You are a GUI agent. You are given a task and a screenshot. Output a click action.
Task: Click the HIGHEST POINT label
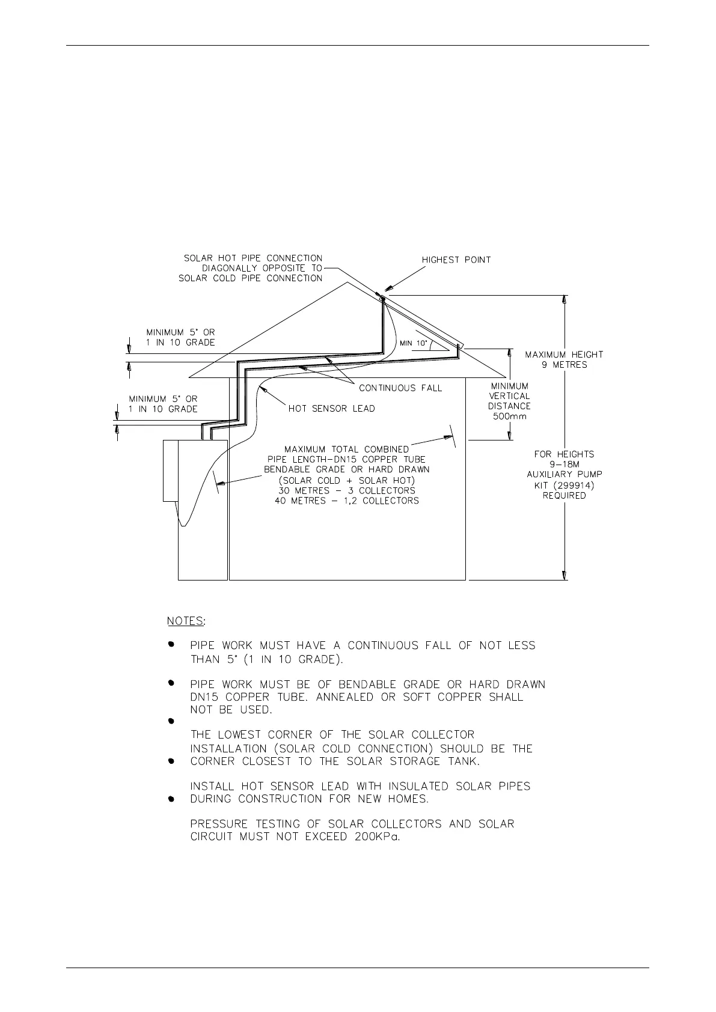coord(456,260)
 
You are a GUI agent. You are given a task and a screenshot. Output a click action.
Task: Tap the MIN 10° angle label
coord(413,344)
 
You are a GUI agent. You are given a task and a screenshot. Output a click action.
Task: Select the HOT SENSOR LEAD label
coord(331,409)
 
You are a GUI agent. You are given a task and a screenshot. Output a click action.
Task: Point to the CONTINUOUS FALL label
coord(400,388)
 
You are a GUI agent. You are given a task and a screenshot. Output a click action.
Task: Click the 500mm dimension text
coord(509,416)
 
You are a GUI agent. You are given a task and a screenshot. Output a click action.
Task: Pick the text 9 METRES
coord(564,365)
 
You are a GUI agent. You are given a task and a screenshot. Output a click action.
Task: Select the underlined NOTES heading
coord(185,621)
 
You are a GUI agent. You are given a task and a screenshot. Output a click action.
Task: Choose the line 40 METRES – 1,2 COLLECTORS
coord(347,501)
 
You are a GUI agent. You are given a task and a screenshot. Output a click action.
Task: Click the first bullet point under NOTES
coord(171,644)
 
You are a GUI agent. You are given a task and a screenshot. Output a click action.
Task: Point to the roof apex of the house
coord(347,282)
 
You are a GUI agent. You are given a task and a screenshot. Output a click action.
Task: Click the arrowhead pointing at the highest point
coord(387,291)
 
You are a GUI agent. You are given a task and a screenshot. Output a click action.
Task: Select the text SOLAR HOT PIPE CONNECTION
coord(253,258)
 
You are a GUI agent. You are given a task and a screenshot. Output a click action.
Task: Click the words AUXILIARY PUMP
coord(565,474)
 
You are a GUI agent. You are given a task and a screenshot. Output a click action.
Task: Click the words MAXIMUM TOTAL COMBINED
coord(346,450)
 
